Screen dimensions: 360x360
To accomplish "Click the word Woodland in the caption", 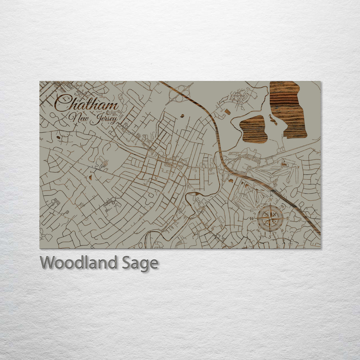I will tap(78, 263).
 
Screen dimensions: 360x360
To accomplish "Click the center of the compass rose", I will tap(270, 218).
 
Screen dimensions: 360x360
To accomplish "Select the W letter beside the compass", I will tap(252, 219).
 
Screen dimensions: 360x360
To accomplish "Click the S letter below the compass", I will tap(270, 236).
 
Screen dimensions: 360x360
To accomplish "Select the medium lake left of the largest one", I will tap(253, 129).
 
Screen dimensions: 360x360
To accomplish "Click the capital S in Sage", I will tap(126, 263).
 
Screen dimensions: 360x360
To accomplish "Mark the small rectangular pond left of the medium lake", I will tap(228, 112).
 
